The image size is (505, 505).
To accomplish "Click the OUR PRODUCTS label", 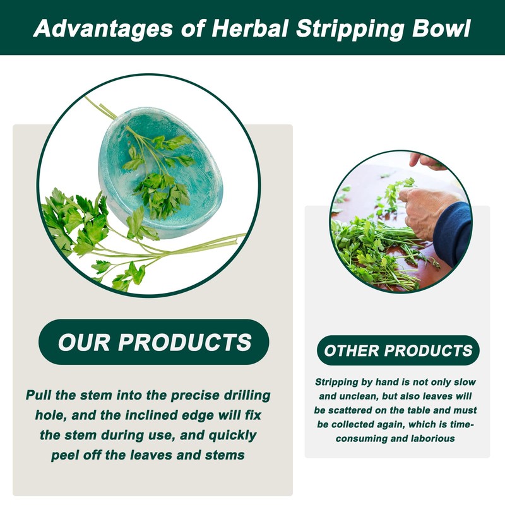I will pos(155,342).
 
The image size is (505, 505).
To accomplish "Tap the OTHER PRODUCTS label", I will pos(398,350).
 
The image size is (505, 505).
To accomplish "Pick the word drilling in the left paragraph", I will pos(238,396).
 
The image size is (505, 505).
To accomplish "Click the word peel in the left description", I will pos(68,454).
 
